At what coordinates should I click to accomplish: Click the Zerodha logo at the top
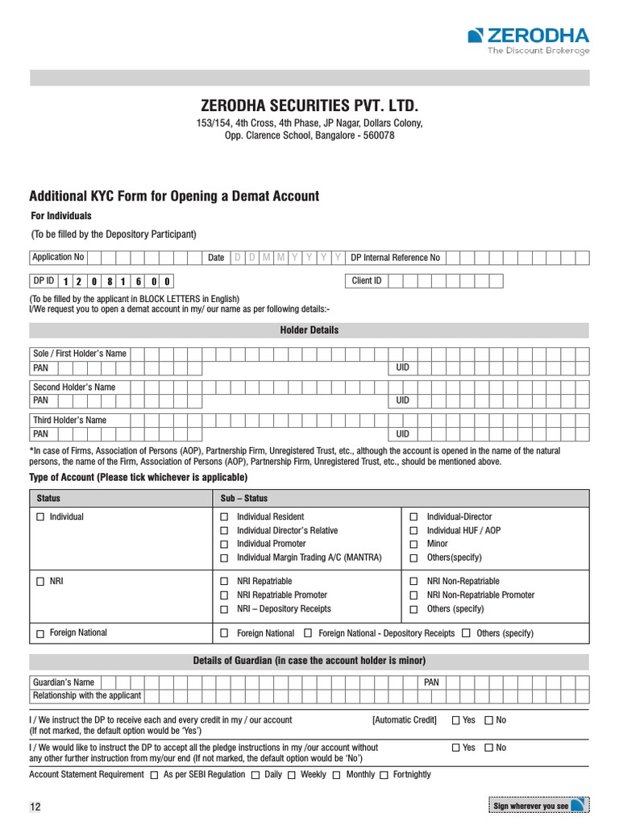528,39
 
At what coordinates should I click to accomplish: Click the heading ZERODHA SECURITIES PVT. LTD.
309,106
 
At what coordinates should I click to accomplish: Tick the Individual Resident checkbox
225,517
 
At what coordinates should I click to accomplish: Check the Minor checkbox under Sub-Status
414,545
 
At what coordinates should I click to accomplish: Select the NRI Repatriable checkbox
225,582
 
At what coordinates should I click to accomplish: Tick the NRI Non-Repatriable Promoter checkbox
414,595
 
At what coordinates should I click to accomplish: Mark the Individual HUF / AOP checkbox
414,531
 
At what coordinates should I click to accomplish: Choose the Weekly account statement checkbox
292,775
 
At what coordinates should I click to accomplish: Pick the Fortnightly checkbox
384,775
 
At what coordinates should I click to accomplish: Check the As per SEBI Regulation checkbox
155,775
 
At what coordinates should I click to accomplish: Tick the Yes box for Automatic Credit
456,720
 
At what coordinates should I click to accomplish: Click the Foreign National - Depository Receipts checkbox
308,634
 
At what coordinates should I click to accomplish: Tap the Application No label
57,258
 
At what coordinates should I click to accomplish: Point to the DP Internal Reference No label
396,258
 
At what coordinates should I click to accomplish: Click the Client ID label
367,281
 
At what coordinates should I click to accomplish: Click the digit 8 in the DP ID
110,282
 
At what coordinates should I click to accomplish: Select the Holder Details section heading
309,330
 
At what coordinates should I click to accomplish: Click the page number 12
35,807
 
